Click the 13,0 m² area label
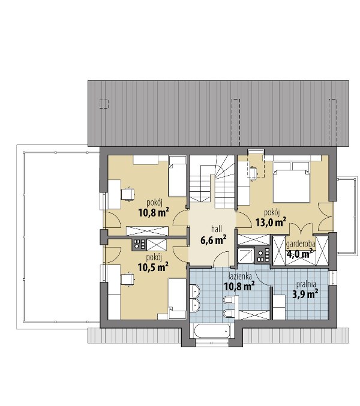click(x=271, y=222)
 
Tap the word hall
click(x=217, y=229)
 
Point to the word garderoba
click(x=301, y=243)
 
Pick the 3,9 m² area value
click(x=305, y=294)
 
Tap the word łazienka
click(x=240, y=276)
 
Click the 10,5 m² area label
click(x=154, y=267)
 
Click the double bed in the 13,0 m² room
click(x=292, y=182)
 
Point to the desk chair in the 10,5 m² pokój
click(x=128, y=279)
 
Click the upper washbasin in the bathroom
click(x=195, y=291)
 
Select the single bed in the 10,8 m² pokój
click(x=178, y=176)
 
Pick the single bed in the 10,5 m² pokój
click(x=178, y=299)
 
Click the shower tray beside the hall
click(x=246, y=255)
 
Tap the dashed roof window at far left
click(x=104, y=104)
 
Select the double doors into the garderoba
click(x=301, y=227)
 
